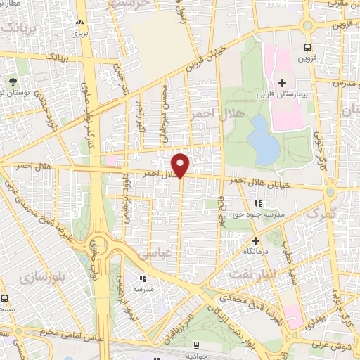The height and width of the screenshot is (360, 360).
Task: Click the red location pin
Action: coord(181,165)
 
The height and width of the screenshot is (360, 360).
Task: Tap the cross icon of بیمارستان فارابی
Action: coord(282,83)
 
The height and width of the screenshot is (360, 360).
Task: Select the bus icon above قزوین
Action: coord(307,46)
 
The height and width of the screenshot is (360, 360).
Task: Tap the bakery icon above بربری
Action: coord(79,22)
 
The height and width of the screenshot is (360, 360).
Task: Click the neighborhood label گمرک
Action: coord(323,211)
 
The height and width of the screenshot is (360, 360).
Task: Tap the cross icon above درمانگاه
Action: coord(255,240)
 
